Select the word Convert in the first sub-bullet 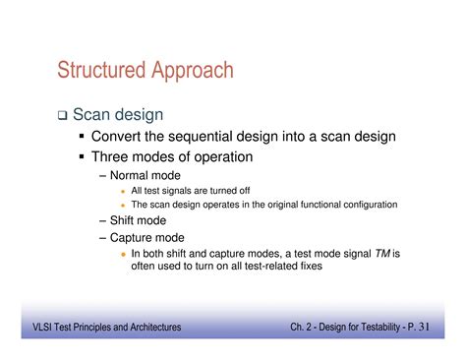tap(119, 137)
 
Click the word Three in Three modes tap(111, 156)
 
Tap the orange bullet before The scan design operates tap(122, 205)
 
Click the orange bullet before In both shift tap(122, 253)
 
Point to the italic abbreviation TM tap(380, 253)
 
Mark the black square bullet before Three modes tap(83, 156)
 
